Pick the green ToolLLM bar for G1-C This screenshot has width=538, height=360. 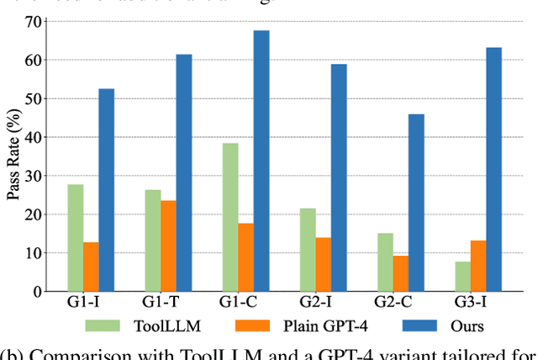point(207,217)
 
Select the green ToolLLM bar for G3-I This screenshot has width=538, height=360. point(462,276)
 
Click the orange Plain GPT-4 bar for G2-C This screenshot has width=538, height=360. point(400,273)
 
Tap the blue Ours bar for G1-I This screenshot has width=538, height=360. point(106,190)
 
